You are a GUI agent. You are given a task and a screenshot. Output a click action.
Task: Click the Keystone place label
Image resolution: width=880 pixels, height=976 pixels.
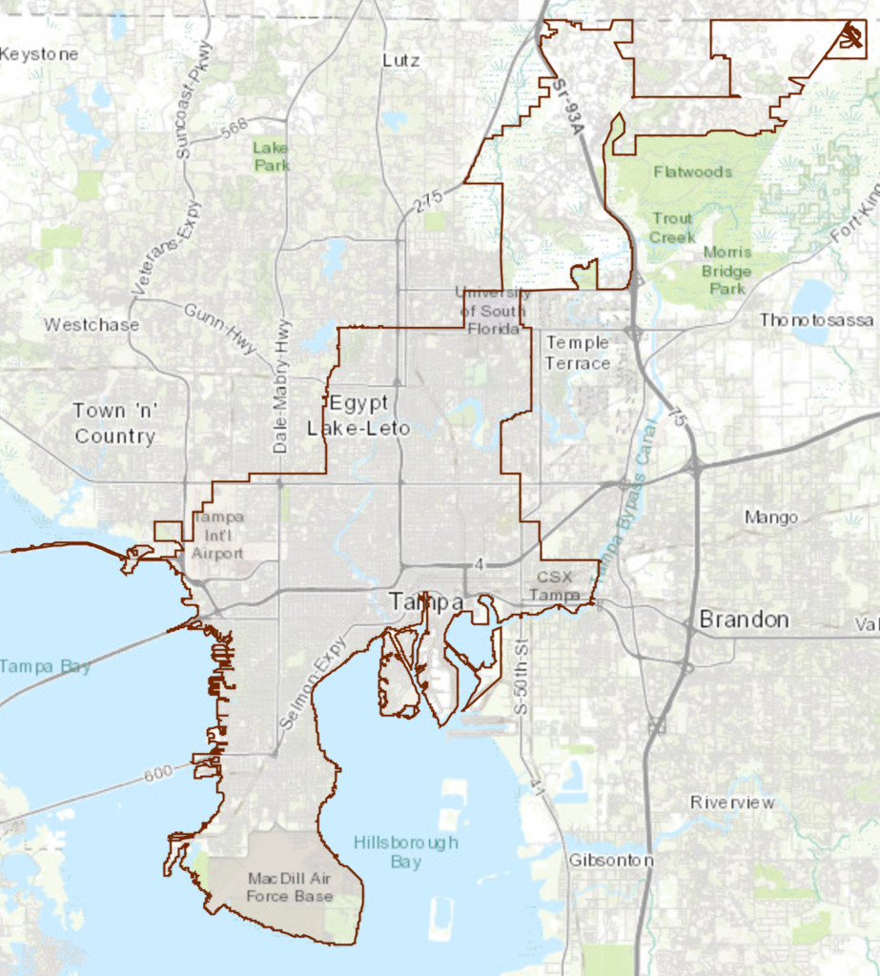(x=38, y=54)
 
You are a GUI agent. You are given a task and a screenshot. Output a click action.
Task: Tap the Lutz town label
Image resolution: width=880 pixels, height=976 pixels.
(x=400, y=59)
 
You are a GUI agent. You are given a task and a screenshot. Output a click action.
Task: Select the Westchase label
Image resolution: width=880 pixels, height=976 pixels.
(x=92, y=325)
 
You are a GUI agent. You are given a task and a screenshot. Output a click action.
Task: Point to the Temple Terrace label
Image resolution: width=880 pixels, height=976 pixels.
(x=578, y=352)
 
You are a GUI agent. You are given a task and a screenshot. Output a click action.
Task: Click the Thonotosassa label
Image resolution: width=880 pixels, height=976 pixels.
(x=816, y=320)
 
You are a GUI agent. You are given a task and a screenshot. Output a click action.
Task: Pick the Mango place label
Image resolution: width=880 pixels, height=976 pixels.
(x=771, y=518)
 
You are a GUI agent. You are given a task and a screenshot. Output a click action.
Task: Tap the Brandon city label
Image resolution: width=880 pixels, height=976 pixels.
(x=744, y=620)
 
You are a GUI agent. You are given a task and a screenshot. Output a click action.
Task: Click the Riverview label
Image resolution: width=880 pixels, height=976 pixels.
(x=732, y=803)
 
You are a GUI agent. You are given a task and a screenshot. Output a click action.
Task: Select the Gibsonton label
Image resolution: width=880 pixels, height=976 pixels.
(x=611, y=861)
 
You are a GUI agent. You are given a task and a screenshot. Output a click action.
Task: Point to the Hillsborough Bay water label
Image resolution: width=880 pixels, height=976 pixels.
(x=405, y=852)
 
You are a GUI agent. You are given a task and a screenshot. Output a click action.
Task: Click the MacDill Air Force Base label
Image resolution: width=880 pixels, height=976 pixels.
(x=290, y=886)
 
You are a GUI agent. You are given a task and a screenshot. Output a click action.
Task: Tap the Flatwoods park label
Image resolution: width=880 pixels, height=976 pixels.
(x=693, y=172)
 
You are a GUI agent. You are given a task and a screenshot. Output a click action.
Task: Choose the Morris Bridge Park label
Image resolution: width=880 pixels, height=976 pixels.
(x=727, y=262)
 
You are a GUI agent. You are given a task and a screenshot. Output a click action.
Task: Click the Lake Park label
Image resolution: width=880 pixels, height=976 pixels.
(x=272, y=156)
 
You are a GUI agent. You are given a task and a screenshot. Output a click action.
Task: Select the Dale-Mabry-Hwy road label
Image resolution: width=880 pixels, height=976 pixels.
(x=282, y=386)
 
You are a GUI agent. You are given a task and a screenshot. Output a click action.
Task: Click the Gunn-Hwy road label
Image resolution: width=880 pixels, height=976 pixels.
(x=221, y=329)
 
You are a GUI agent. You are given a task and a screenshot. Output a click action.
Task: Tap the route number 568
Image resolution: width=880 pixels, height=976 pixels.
(x=234, y=126)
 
